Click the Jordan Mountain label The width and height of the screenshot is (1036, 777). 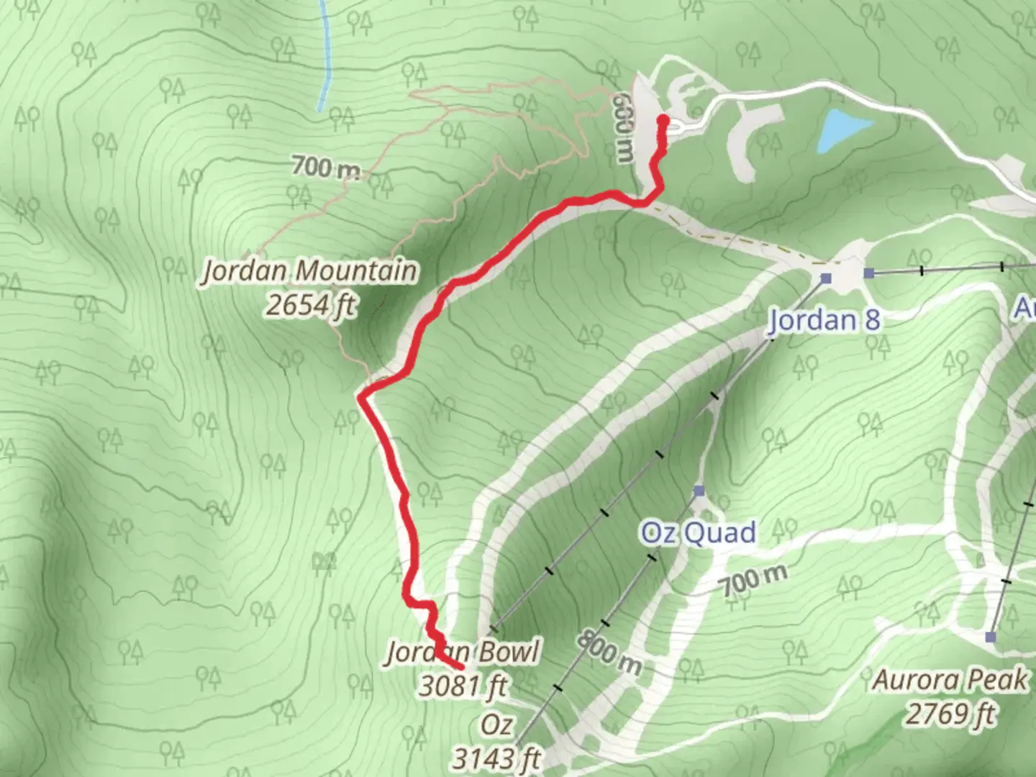pos(310,271)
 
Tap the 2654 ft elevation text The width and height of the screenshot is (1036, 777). pos(310,305)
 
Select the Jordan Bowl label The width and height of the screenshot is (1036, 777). pos(463,653)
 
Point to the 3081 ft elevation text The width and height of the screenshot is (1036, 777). pos(463,686)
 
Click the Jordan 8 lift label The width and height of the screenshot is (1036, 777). pos(824,319)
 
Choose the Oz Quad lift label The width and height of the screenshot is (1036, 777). pos(698,533)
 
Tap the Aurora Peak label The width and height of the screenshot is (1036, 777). pos(950,680)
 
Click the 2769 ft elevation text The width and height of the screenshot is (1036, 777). pos(950,714)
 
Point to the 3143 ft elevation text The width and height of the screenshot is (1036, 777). pos(496,758)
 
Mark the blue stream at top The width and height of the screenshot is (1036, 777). pos(325,58)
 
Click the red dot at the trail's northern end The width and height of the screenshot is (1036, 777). pos(663,120)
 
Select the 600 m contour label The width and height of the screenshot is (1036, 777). pos(624,130)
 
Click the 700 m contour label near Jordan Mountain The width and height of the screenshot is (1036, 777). pos(326,168)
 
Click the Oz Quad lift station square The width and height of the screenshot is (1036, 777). pos(699,491)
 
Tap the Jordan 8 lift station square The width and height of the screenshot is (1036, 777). pos(826,278)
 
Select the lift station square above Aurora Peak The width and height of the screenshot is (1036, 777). pos(991,637)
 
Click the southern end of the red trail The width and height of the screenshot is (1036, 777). pos(460,667)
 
